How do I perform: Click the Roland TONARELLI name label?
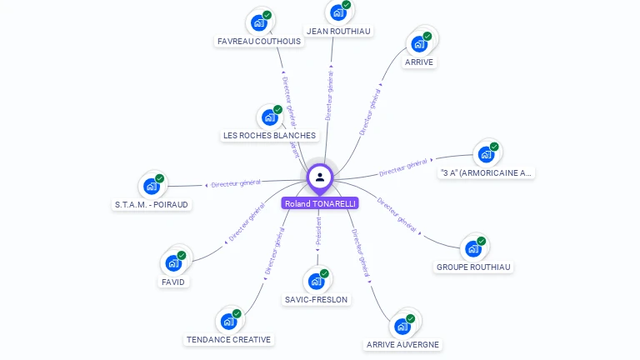tap(320, 203)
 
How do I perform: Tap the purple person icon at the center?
tap(320, 177)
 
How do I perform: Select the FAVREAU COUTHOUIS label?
tap(259, 41)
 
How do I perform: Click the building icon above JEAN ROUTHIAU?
tap(337, 12)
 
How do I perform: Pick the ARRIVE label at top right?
tap(419, 62)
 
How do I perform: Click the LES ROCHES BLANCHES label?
tap(269, 135)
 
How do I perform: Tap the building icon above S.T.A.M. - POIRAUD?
tap(151, 186)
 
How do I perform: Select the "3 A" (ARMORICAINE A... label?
tap(486, 173)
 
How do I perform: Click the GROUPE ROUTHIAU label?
tap(474, 267)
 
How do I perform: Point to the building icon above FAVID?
tap(173, 263)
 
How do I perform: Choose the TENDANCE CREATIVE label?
tap(228, 339)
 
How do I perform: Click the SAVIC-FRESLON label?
tap(317, 299)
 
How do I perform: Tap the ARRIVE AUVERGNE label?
tap(403, 344)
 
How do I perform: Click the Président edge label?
tap(318, 232)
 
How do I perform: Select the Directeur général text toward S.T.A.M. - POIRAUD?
tap(236, 183)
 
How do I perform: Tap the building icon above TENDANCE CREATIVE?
tap(228, 321)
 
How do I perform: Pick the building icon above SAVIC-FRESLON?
tap(316, 281)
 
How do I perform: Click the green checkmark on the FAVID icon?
tap(182, 256)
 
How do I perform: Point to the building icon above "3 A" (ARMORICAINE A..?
tap(485, 154)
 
